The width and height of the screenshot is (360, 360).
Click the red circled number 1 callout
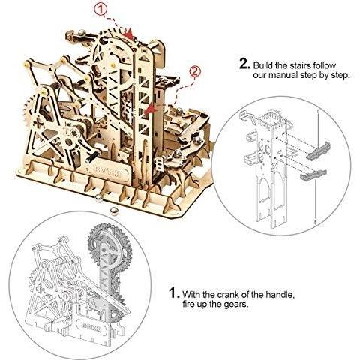[100, 10]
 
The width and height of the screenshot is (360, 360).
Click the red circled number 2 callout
[195, 72]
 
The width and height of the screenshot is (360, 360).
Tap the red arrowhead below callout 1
[129, 34]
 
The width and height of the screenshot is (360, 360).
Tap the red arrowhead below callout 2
[150, 110]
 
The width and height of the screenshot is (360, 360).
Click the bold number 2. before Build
[244, 64]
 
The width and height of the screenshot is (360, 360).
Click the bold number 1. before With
[174, 292]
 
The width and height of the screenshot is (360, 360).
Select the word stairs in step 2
[301, 65]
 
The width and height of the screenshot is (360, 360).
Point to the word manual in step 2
[284, 75]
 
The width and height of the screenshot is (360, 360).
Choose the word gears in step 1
[235, 304]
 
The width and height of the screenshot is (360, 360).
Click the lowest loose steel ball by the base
[114, 211]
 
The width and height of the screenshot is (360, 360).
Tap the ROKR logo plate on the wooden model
[107, 172]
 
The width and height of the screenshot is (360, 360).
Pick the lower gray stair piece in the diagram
[313, 175]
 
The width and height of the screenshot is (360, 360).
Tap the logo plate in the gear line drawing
[91, 328]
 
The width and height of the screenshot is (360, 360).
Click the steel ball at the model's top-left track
[82, 33]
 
